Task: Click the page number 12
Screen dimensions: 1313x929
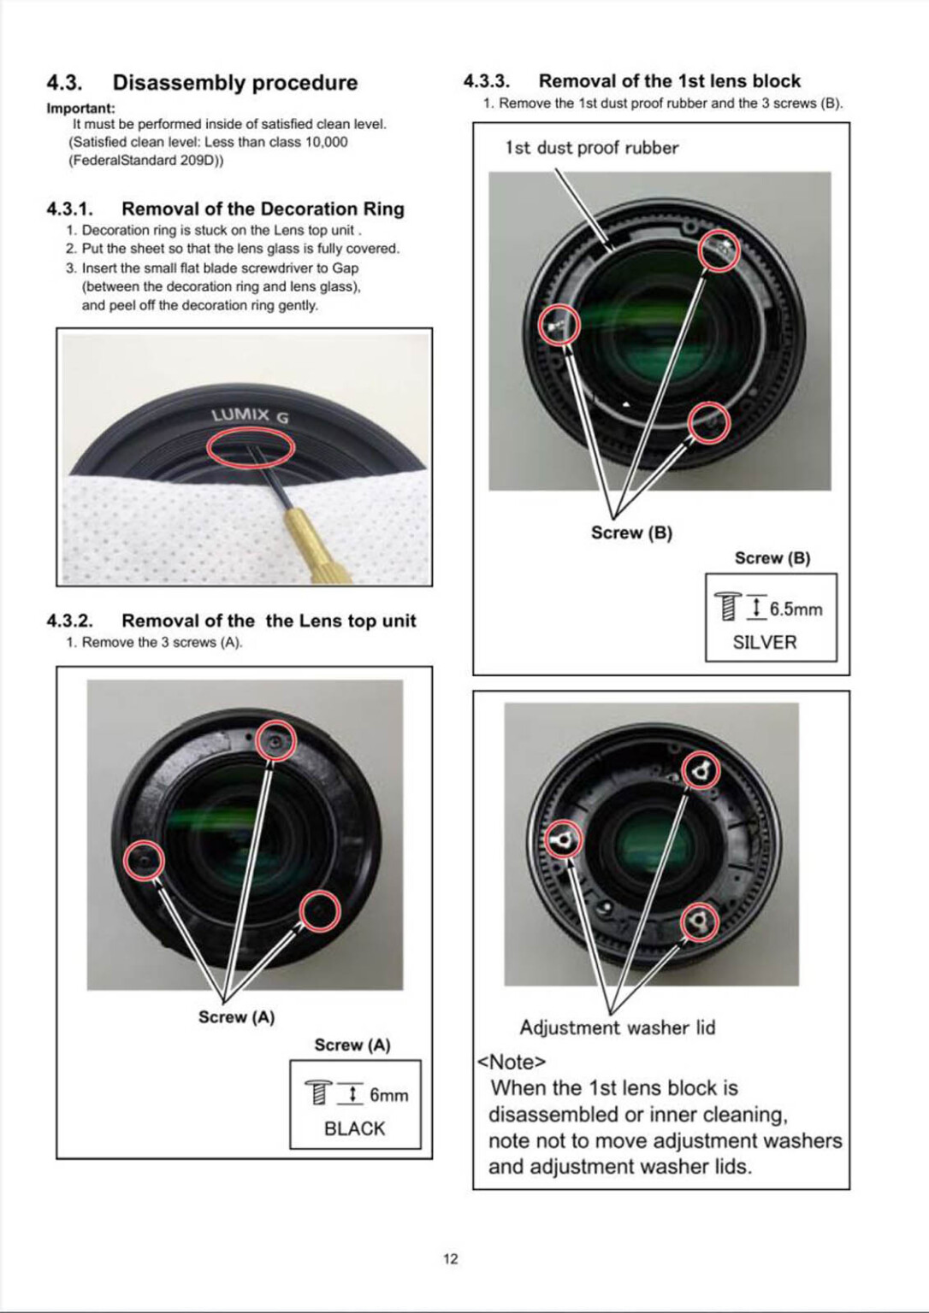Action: tap(451, 1258)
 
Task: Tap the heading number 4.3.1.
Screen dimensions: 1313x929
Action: tap(69, 209)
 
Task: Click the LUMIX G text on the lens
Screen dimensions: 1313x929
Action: tap(250, 415)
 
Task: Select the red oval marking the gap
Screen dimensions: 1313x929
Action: tap(251, 448)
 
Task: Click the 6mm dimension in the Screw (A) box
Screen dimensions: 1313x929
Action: tap(388, 1095)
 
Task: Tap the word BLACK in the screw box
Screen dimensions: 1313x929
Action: tap(354, 1128)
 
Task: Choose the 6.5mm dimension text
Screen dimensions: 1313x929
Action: tap(796, 609)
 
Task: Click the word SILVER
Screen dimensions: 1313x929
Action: tap(764, 642)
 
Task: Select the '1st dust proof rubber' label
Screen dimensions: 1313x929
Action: tap(591, 148)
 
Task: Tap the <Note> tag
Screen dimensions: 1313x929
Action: tap(511, 1062)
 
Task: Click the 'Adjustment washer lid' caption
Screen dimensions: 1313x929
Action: tap(617, 1027)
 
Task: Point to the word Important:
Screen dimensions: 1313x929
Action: tap(80, 109)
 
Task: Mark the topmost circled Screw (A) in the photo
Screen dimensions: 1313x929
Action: tap(275, 741)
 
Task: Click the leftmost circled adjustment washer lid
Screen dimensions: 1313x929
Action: tap(563, 841)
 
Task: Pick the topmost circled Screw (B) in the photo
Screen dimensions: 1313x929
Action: tap(719, 250)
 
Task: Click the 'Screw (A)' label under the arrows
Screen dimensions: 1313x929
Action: tap(236, 1017)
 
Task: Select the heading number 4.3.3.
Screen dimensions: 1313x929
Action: tap(486, 81)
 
